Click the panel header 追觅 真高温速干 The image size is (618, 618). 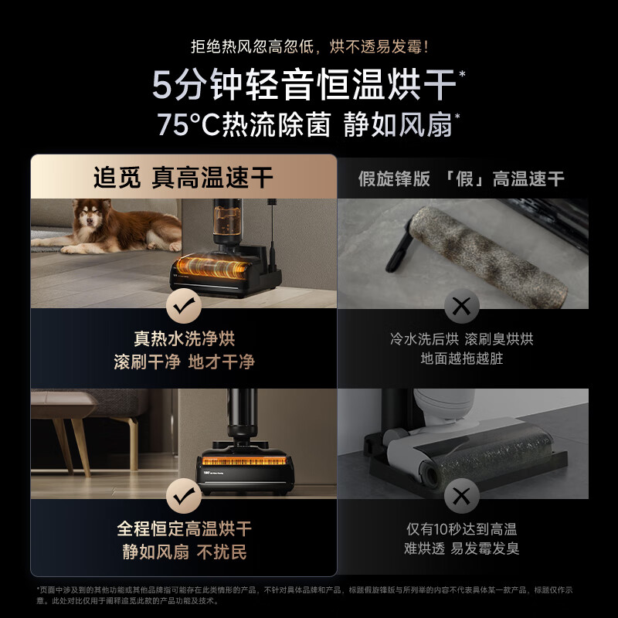[184, 178]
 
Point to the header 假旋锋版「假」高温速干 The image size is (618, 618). [461, 179]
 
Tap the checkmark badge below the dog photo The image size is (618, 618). [184, 307]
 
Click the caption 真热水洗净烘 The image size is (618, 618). [184, 339]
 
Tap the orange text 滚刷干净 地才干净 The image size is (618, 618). [184, 362]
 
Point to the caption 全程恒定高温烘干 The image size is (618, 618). [184, 529]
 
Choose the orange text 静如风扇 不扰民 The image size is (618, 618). [184, 552]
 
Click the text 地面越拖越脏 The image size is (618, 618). [461, 359]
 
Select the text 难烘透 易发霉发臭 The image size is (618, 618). [461, 549]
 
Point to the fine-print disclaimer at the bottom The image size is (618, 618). [309, 595]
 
